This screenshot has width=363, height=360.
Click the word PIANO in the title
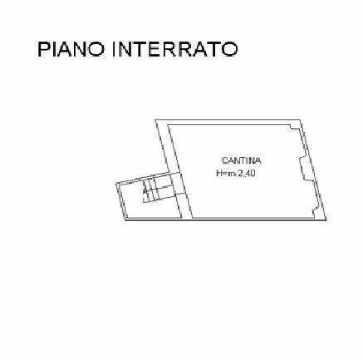pyautogui.click(x=71, y=49)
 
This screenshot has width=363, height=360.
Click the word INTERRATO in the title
pyautogui.click(x=175, y=49)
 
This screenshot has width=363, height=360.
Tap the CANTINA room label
pyautogui.click(x=242, y=160)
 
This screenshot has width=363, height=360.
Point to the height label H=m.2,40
pyautogui.click(x=236, y=174)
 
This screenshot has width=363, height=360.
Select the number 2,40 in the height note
pyautogui.click(x=247, y=174)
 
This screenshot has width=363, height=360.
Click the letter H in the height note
pyautogui.click(x=219, y=174)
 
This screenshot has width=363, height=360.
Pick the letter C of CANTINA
pyautogui.click(x=225, y=160)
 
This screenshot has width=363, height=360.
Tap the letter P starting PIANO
pyautogui.click(x=43, y=49)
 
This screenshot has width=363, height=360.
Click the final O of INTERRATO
pyautogui.click(x=230, y=49)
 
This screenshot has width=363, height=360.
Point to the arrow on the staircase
pyautogui.click(x=145, y=191)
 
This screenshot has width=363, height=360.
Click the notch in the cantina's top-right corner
pyautogui.click(x=294, y=127)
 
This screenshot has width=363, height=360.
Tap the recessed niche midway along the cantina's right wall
pyautogui.click(x=305, y=168)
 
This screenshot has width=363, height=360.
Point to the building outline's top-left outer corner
pyautogui.click(x=155, y=120)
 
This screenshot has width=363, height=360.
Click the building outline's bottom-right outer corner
pyautogui.click(x=326, y=220)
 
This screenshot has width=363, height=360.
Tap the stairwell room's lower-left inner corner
pyautogui.click(x=130, y=218)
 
